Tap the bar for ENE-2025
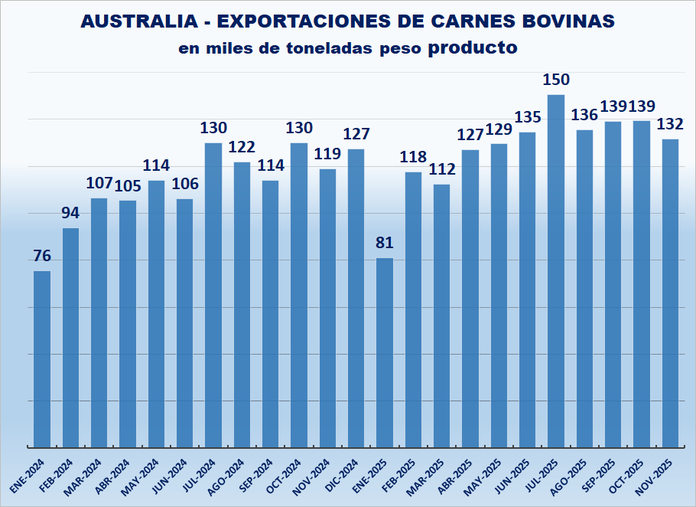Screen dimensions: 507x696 (385, 352)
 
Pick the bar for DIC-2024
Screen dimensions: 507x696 (356, 298)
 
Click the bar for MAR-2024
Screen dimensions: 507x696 (99, 322)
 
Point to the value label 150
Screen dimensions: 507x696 (556, 80)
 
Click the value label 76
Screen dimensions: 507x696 (42, 257)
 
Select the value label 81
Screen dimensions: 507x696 (385, 244)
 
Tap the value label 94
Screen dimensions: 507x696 (70, 213)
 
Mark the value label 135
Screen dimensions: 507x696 (528, 117)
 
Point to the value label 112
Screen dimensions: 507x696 (441, 169)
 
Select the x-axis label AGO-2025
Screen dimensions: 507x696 (574, 474)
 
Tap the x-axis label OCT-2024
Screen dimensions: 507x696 (288, 474)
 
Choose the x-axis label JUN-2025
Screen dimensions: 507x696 (516, 474)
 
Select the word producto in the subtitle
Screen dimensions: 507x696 (473, 47)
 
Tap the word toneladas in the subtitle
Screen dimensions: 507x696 (315, 48)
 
